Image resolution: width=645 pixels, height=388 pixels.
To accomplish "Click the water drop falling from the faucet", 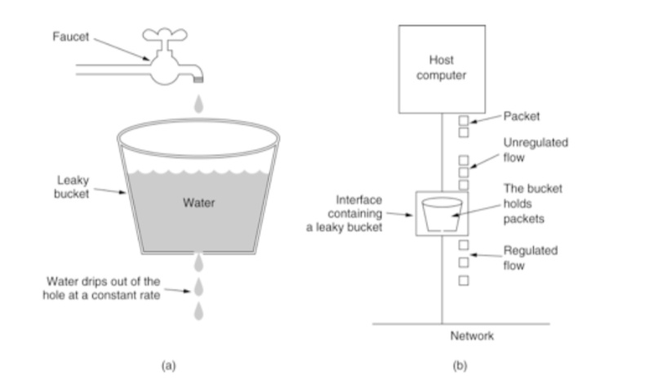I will tap(197, 104).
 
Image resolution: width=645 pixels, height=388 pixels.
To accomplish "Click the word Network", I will tap(472, 336).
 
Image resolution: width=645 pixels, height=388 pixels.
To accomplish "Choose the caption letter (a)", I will tap(169, 364).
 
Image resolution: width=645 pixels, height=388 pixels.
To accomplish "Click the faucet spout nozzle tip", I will tap(197, 78).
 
